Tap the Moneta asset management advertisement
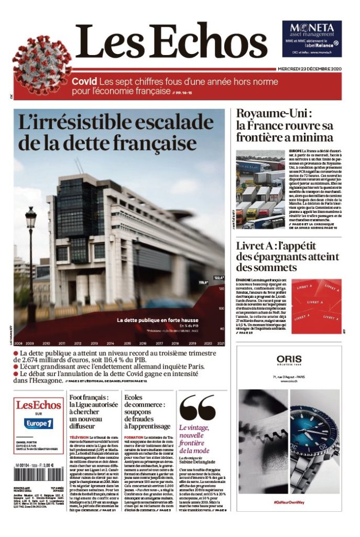coord(312,38)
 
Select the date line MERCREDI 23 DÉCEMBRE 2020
coord(310,70)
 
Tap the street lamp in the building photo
coord(31,220)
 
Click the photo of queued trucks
coord(260,189)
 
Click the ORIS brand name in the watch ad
coord(289,359)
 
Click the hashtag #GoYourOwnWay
coord(289,502)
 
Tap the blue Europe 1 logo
coord(38,423)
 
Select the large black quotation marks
coord(197,409)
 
